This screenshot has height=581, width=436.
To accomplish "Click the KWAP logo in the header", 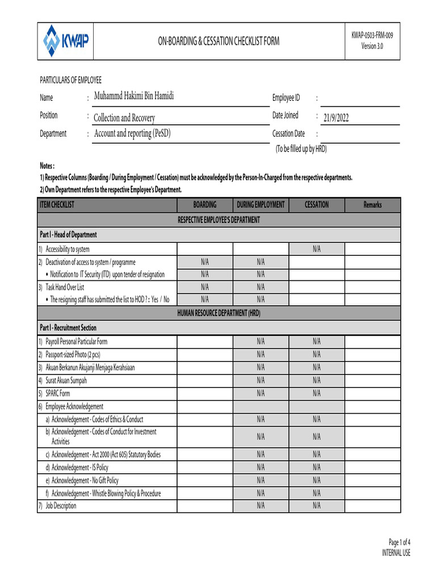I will point(66,41).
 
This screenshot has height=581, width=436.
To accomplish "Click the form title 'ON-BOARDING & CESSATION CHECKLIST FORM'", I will point(219,41).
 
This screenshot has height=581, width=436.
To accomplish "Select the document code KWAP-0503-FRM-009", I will point(372,35).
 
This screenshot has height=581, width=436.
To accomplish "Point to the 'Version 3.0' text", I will point(372,47).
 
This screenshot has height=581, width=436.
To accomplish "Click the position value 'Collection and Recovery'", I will point(124,118).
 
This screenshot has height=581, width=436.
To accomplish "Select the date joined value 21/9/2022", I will point(336,118).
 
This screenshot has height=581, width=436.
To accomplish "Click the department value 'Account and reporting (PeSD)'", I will point(132,133).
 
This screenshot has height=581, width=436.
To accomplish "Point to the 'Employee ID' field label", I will point(286,98).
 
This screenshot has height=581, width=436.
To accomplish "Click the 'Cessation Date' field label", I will point(288,134).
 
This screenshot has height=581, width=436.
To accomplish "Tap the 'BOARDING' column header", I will point(205,205).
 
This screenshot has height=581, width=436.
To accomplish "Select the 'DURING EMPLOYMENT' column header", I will point(261,205).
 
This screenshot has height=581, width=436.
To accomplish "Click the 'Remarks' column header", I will point(372,205).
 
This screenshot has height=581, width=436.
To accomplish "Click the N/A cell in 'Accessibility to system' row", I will point(316,249).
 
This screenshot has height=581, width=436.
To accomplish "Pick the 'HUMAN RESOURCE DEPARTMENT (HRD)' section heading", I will point(219,313).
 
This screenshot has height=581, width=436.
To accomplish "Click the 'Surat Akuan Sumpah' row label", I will point(66,380).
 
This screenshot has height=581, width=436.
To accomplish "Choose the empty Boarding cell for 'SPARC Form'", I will point(205,393).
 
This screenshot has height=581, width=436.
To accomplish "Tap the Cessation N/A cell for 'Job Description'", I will point(316,506).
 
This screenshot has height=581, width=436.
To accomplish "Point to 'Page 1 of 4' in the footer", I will point(399,542).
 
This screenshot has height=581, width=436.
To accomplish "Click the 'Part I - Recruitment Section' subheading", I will point(68,328).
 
